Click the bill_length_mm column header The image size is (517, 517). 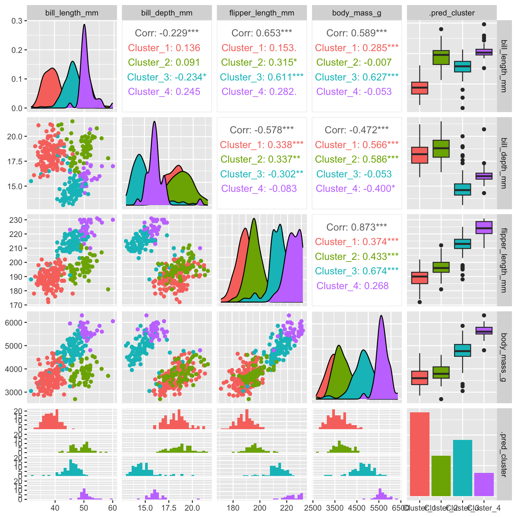click(x=72, y=13)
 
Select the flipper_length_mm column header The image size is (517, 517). click(x=262, y=13)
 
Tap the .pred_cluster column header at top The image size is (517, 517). click(x=452, y=13)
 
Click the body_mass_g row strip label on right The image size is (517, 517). click(x=504, y=357)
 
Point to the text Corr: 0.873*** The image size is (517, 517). click(x=356, y=227)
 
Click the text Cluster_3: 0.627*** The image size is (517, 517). click(x=356, y=77)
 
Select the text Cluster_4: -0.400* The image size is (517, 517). click(x=355, y=188)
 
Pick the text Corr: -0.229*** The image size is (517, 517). click(x=167, y=33)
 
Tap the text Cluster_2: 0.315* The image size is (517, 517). click(x=259, y=62)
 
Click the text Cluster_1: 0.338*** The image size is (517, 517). click(x=262, y=145)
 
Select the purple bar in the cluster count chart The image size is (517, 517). click(x=484, y=484)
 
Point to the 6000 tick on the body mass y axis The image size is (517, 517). click(x=13, y=322)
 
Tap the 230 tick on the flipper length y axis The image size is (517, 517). click(x=15, y=220)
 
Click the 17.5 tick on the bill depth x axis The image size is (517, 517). click(x=169, y=508)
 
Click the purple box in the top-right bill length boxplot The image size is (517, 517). click(x=484, y=52)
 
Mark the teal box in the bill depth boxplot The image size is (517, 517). click(x=462, y=189)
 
